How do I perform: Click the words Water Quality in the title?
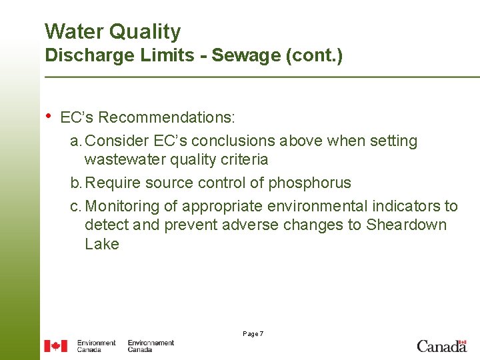[112, 31]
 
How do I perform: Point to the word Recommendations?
[167, 118]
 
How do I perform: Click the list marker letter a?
[75, 141]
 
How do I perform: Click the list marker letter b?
[75, 183]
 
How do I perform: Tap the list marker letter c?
[75, 207]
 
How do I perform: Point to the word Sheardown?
[406, 225]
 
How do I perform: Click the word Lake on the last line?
[101, 244]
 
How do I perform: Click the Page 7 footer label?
[253, 333]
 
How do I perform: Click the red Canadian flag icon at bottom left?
[56, 346]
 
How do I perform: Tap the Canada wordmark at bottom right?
[441, 346]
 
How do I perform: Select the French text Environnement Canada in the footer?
[151, 346]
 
